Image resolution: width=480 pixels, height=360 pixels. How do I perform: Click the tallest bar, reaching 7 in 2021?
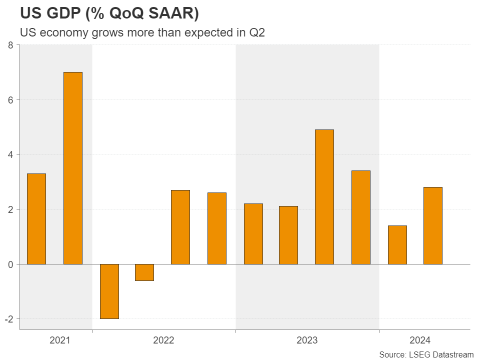pos(73,168)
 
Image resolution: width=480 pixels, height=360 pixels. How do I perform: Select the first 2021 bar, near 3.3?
pos(36,218)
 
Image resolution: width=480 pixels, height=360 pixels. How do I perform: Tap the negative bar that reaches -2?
pos(109,291)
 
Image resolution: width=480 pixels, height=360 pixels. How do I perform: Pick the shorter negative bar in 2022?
pos(144,272)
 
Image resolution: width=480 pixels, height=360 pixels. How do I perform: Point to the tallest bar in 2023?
pos(324,196)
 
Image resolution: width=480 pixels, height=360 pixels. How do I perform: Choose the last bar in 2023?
pos(361,217)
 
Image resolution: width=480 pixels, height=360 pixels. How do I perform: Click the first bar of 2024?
pos(397,244)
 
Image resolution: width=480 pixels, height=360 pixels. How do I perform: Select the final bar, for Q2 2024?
pos(433,225)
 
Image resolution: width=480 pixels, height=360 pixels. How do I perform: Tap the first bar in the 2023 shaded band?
pos(253,233)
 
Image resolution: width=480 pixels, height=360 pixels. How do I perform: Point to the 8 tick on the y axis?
pos(11,45)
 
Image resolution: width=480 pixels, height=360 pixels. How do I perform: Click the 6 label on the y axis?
pos(11,100)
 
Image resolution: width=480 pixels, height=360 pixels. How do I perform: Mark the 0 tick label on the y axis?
pos(11,264)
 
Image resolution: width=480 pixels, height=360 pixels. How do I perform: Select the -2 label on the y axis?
pos(9,319)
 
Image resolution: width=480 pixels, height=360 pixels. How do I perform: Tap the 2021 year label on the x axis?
pos(60,340)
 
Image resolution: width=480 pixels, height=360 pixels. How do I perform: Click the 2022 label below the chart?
pos(163,340)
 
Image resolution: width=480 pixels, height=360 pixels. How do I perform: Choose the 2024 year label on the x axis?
pos(420,340)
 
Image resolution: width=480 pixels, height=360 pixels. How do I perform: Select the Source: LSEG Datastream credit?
pos(426,354)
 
